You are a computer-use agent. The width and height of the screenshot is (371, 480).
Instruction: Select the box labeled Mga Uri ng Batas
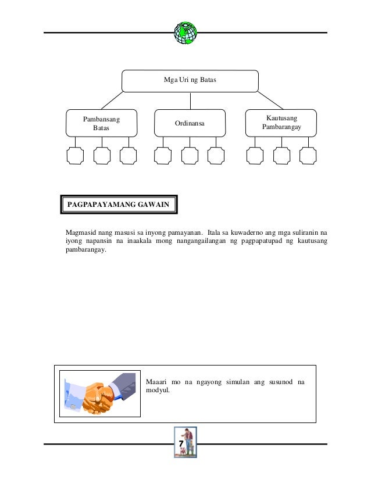pos(190,81)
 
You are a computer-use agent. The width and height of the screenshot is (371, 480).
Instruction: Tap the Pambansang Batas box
pos(101,123)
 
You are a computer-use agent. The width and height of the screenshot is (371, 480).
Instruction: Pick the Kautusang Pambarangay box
pos(281,122)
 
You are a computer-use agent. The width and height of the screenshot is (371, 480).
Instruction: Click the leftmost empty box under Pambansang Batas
pos(75,156)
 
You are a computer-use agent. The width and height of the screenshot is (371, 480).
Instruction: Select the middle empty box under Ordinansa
pos(190,156)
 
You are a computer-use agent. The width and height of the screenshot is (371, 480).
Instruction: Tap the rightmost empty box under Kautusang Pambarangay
pos(308,156)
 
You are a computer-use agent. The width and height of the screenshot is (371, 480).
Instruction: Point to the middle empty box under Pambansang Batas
pos(102,156)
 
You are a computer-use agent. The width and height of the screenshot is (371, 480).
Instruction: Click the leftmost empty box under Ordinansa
pos(163,156)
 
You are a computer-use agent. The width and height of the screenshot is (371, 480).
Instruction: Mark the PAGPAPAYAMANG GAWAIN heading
pos(119,205)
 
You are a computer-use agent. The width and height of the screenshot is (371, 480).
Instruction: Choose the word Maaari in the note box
pos(156,382)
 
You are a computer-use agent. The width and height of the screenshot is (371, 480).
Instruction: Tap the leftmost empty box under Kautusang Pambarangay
pos(255,156)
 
